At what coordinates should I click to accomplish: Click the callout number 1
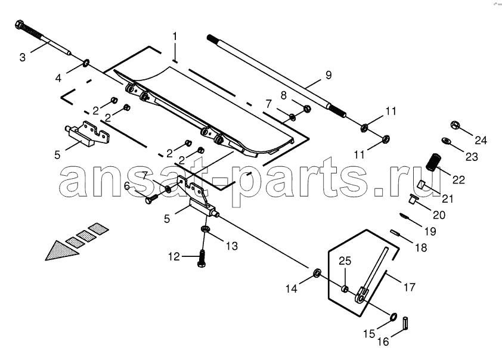[175, 36]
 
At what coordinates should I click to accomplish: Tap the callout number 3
[23, 58]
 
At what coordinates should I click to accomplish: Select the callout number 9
[329, 75]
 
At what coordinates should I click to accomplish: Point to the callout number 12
[174, 257]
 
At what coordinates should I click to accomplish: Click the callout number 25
[345, 261]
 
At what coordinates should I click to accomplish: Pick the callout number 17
[410, 287]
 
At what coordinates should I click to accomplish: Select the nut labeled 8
[306, 108]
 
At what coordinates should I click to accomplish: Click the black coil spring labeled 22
[433, 163]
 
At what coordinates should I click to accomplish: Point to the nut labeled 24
[455, 125]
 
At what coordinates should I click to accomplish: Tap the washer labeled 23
[445, 140]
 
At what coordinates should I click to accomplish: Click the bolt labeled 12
[202, 259]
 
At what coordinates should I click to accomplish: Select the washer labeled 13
[205, 229]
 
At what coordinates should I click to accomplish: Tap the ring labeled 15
[393, 317]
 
